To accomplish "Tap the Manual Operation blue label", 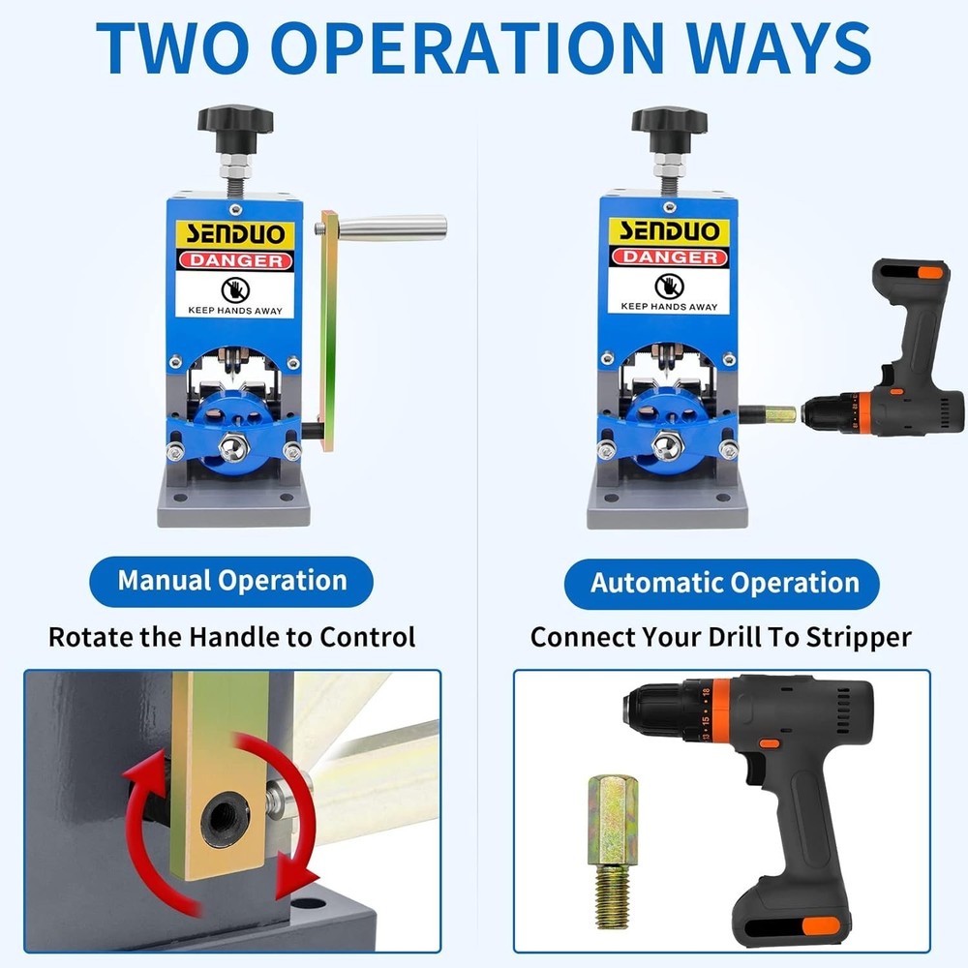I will point(232,581).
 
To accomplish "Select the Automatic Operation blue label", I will point(725,584).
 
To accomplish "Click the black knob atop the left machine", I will point(235,121).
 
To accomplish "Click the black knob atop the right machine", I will point(669,121).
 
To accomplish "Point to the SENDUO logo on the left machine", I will point(232,232).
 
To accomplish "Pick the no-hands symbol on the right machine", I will point(666,286).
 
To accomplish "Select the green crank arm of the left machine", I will point(330,339).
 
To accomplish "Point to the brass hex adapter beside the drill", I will point(610,813).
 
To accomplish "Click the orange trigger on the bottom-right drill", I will point(771,745).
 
